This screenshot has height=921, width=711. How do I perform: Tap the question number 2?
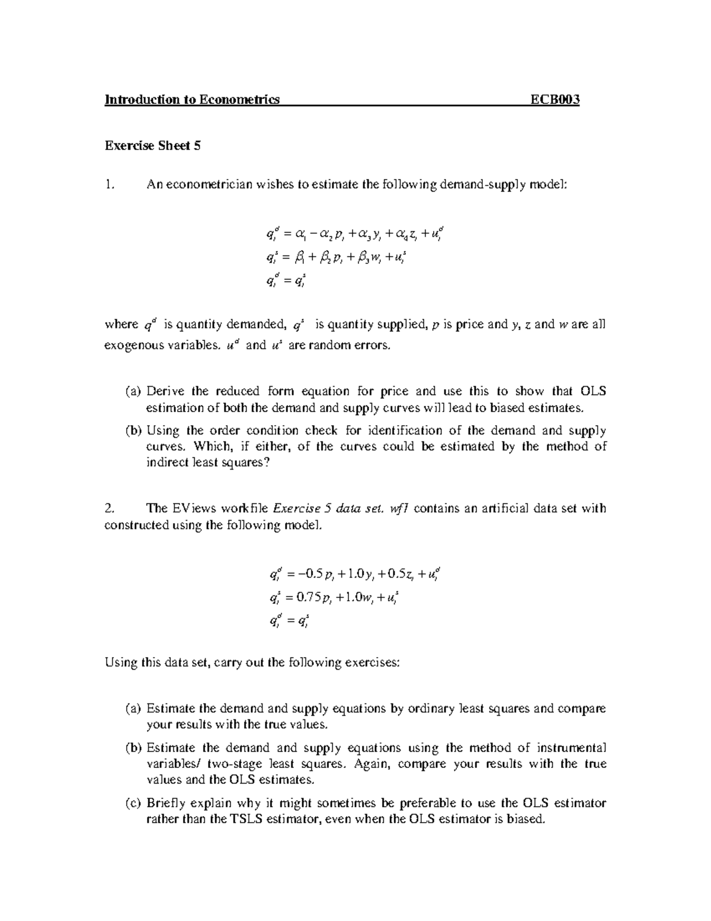pos(108,508)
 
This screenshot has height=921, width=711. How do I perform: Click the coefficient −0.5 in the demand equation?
pos(310,573)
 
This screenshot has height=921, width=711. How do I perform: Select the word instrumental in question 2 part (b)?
pos(572,748)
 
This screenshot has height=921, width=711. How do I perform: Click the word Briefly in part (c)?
pos(165,804)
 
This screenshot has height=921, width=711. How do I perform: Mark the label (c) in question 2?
pos(133,804)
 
